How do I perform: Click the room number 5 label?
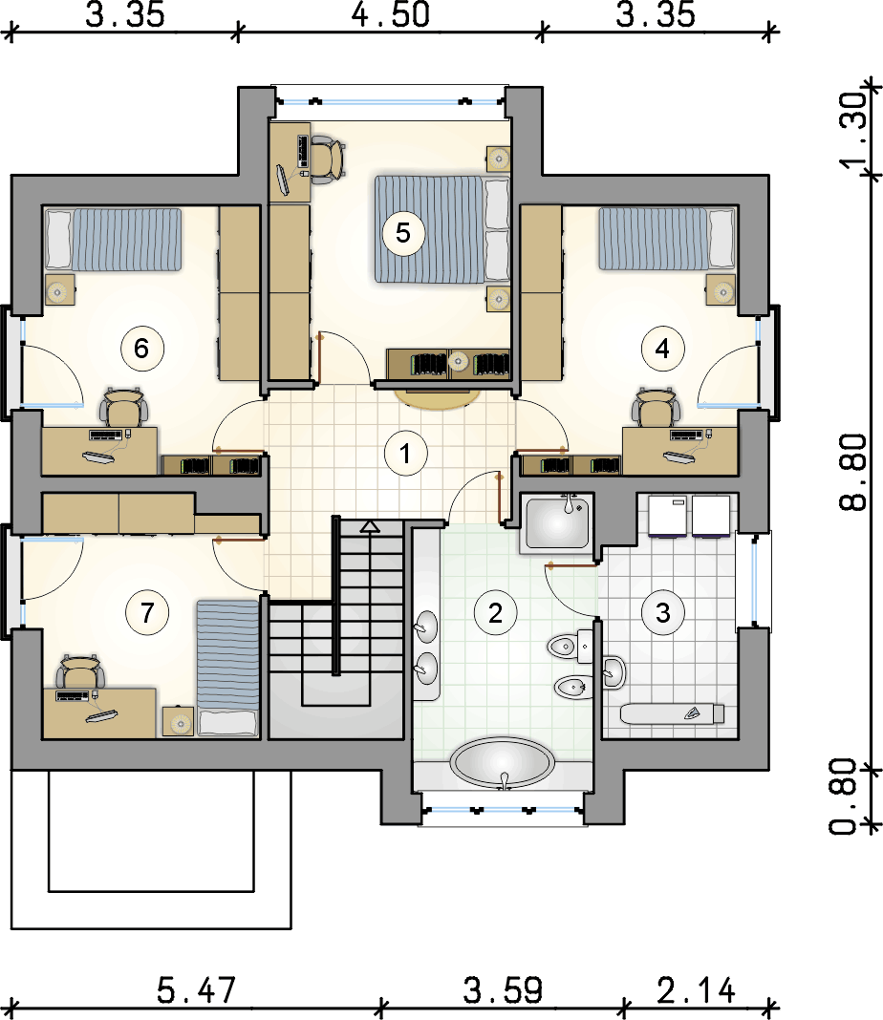pyautogui.click(x=402, y=233)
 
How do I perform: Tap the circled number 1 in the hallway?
pyautogui.click(x=405, y=454)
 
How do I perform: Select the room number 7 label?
pyautogui.click(x=147, y=612)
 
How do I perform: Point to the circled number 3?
pyautogui.click(x=662, y=612)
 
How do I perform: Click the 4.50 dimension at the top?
pyautogui.click(x=391, y=15)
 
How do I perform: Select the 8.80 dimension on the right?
pyautogui.click(x=853, y=472)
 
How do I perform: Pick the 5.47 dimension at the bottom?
pyautogui.click(x=196, y=990)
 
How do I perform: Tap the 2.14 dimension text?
pyautogui.click(x=696, y=990)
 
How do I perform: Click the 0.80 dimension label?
pyautogui.click(x=843, y=797)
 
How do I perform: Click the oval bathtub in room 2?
pyautogui.click(x=502, y=762)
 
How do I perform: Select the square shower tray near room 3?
pyautogui.click(x=557, y=523)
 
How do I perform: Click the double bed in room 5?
pyautogui.click(x=441, y=229)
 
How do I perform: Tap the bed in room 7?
pyautogui.click(x=227, y=669)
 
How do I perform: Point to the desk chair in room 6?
pyautogui.click(x=123, y=407)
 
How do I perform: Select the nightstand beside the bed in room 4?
pyautogui.click(x=721, y=289)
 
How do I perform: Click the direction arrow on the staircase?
pyautogui.click(x=370, y=527)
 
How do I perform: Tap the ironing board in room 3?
pyautogui.click(x=672, y=713)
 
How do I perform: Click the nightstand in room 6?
pyautogui.click(x=60, y=290)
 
